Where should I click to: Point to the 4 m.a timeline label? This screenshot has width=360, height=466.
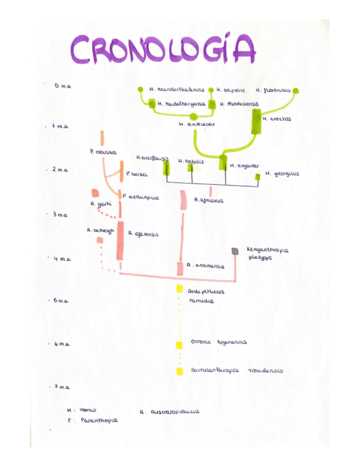pos(64,258)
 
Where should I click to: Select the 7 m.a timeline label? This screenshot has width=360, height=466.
pos(62,387)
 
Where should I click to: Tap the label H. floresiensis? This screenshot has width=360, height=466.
pos(273,90)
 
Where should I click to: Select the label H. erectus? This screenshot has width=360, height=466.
pos(277,119)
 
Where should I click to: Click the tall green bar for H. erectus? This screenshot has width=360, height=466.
pos(256,121)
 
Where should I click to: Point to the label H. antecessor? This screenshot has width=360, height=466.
pos(197,125)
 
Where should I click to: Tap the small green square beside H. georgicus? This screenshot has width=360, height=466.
pos(257,176)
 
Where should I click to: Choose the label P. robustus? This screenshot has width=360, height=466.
pos(103,151)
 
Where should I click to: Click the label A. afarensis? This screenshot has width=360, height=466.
pos(143,234)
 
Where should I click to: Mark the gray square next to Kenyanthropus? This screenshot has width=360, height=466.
pos(235,251)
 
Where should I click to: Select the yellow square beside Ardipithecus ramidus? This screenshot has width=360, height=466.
pos(179,289)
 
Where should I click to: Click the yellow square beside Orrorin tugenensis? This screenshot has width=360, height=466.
pos(179,345)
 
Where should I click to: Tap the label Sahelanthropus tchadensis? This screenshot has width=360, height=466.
pos(236,370)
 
